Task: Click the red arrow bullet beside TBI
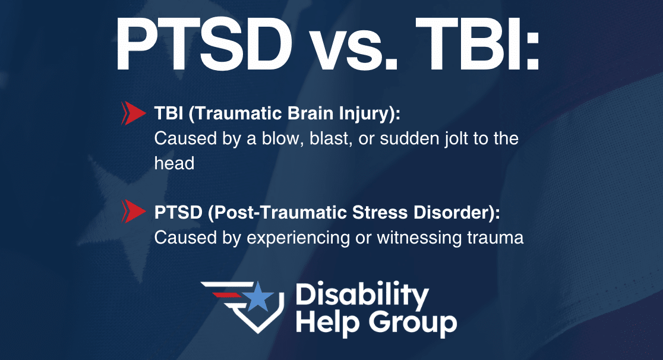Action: click(134, 113)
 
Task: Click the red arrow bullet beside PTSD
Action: click(134, 211)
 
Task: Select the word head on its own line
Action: click(174, 163)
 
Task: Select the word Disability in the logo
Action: click(362, 295)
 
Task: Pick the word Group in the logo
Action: click(413, 324)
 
